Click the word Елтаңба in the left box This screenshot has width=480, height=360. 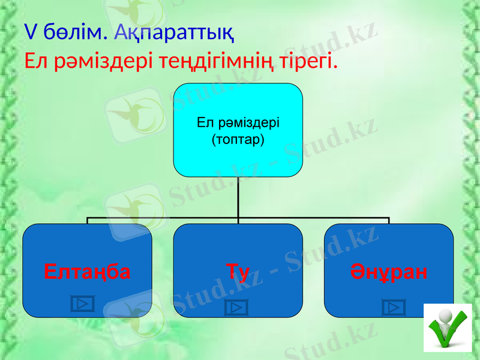tap(87, 272)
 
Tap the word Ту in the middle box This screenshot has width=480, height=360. tap(238, 272)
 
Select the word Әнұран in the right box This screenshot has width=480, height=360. tap(389, 272)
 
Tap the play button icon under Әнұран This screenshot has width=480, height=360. tap(394, 308)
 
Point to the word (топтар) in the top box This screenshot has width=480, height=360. tap(238, 140)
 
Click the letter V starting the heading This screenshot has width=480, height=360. tap(29, 32)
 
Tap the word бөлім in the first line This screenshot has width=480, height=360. tap(74, 32)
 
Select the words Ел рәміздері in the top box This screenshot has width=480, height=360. tap(238, 123)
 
